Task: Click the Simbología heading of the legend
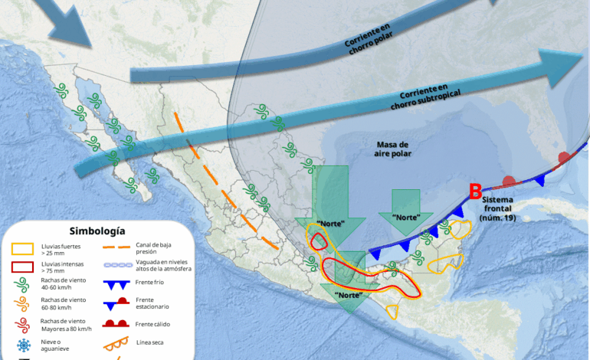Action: [97, 231]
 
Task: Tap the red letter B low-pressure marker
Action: [475, 191]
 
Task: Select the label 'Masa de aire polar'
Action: [394, 149]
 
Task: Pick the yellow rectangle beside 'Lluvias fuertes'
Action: [22, 247]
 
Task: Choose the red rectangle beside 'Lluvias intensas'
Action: [22, 267]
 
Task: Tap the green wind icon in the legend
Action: [22, 286]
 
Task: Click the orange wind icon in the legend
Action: [22, 305]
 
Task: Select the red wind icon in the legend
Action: [22, 324]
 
